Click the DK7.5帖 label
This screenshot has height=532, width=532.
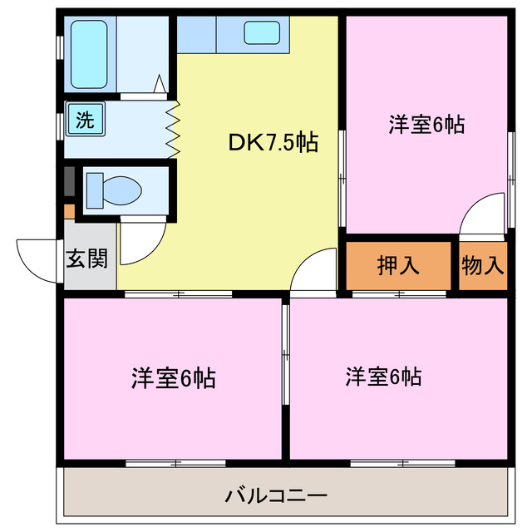pyautogui.click(x=272, y=142)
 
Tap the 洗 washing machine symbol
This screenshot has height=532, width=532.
pyautogui.click(x=85, y=118)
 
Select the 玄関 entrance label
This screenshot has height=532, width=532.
pyautogui.click(x=86, y=259)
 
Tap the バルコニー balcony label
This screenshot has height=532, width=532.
pyautogui.click(x=276, y=496)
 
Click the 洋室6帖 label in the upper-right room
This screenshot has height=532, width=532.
pyautogui.click(x=426, y=125)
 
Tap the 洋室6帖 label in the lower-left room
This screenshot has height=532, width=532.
pyautogui.click(x=173, y=378)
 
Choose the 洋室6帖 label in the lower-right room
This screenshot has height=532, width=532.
pyautogui.click(x=383, y=377)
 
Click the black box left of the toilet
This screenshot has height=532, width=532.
pyautogui.click(x=69, y=182)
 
